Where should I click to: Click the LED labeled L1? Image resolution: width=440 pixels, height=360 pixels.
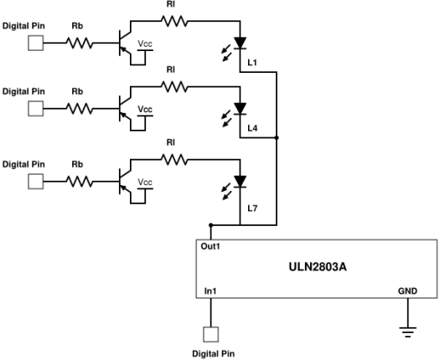click(241, 42)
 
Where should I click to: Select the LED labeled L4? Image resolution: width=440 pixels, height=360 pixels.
click(241, 108)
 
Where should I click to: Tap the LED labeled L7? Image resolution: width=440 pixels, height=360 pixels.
click(241, 181)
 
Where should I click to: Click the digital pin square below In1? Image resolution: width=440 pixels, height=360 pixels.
click(210, 335)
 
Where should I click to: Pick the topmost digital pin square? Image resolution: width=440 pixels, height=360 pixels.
click(36, 43)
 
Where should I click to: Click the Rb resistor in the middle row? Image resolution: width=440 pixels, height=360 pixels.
click(78, 108)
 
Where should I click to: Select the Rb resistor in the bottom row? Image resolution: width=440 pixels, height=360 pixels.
click(78, 181)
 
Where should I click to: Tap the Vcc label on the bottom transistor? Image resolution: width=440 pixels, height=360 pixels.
click(146, 182)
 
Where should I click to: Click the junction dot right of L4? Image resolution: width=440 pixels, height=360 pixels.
click(277, 136)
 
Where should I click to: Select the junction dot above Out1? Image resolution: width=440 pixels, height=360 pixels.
click(210, 225)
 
